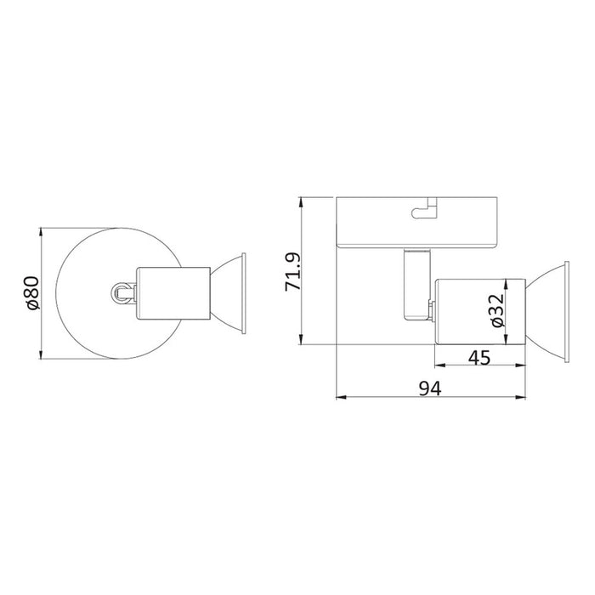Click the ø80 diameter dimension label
coord(33,293)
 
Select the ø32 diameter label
coord(497,310)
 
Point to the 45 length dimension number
coord(479,358)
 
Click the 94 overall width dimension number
coord(430,388)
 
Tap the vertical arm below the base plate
coord(417,284)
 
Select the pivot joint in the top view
coord(123,293)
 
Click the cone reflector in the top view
coord(228,294)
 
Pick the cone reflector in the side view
coord(547,312)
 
